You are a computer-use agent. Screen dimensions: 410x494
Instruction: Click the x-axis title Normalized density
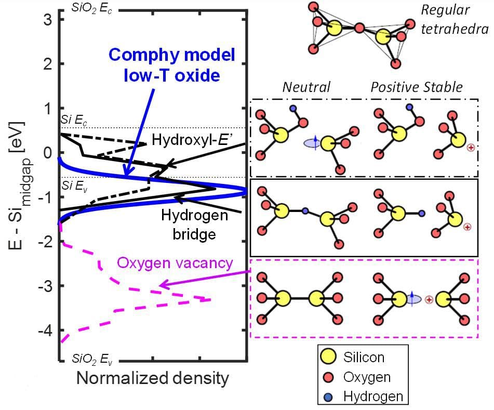click(152, 378)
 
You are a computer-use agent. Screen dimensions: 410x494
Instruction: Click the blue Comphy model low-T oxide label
click(172, 64)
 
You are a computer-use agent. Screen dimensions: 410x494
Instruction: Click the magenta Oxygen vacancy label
click(175, 263)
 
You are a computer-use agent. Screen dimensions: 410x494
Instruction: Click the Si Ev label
click(72, 186)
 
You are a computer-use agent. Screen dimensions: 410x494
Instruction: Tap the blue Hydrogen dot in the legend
click(328, 396)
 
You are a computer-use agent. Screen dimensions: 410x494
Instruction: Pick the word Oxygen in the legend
click(367, 376)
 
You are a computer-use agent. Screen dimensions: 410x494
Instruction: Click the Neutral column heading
click(306, 86)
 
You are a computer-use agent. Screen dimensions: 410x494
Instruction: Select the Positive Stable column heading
click(416, 86)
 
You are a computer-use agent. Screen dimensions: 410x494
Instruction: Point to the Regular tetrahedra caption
click(453, 19)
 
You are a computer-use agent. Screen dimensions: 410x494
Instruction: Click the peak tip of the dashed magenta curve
click(211, 300)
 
